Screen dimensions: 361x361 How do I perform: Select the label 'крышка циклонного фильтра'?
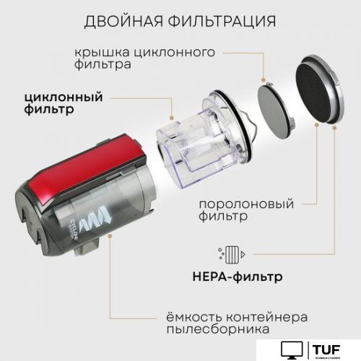pyautogui.click(x=155, y=58)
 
